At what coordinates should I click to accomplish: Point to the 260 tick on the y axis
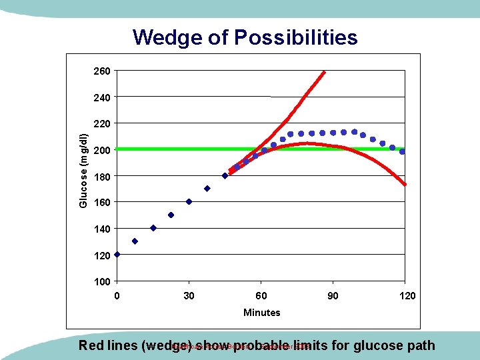(102, 71)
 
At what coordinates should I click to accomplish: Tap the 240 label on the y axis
(102, 97)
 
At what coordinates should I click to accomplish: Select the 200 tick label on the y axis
(102, 150)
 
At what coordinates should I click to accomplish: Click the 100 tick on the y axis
(102, 281)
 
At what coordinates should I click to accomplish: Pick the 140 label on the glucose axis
(102, 229)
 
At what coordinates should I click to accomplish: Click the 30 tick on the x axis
(189, 295)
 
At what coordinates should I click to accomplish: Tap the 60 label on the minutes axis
(261, 295)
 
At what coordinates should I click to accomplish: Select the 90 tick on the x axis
(333, 295)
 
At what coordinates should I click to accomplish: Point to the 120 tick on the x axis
(404, 295)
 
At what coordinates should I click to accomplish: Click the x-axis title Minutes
(261, 312)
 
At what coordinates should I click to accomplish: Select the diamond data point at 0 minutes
(117, 254)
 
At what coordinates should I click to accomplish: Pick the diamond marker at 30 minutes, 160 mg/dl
(189, 201)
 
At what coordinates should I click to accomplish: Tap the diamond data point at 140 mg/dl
(153, 228)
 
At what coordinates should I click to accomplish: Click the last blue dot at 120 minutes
(402, 151)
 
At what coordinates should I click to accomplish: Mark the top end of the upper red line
(323, 71)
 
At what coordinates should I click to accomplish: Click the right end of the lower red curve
(404, 183)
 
